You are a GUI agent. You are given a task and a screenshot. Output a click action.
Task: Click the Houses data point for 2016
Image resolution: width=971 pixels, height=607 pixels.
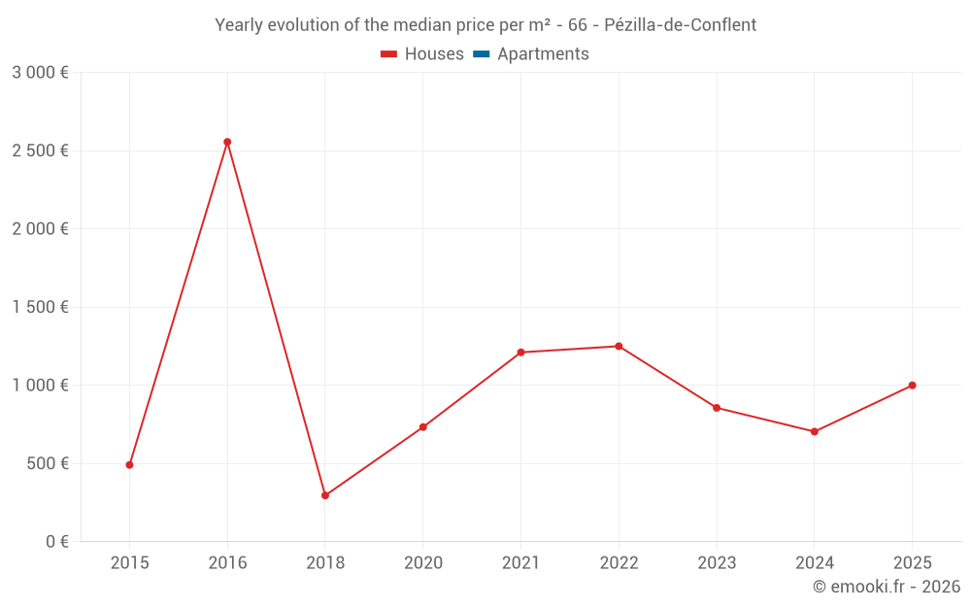(227, 142)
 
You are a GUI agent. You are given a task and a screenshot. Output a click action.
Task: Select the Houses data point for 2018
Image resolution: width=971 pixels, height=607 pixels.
(325, 495)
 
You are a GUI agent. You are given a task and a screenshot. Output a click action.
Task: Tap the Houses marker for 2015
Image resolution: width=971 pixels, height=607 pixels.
(129, 464)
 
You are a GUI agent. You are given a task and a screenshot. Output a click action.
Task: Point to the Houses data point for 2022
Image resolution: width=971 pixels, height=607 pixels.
(619, 346)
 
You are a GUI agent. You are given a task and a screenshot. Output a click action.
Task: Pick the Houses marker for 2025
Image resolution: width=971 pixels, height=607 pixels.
(912, 386)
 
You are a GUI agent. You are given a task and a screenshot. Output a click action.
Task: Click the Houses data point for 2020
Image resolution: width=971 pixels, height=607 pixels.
(423, 426)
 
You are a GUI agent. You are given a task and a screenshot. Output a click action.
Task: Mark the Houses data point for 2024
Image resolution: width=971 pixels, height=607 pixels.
(814, 431)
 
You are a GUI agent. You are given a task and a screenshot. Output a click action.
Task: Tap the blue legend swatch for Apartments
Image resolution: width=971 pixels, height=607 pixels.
(481, 54)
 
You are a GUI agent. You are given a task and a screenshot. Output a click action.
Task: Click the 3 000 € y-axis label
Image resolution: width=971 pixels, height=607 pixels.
(40, 73)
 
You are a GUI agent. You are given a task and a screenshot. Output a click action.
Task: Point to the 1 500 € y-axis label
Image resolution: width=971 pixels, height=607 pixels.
(40, 307)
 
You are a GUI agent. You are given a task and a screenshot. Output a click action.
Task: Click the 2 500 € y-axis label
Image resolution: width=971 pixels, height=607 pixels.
(40, 151)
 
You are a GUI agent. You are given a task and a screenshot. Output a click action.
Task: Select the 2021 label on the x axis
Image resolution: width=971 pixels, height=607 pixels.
(520, 563)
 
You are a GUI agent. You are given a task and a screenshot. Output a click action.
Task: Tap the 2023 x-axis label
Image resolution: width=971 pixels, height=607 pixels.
(717, 563)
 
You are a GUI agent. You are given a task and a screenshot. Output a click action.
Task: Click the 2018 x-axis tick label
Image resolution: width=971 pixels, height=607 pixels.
(325, 563)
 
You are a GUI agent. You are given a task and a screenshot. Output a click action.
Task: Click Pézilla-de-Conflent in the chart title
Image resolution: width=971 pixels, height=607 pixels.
(686, 25)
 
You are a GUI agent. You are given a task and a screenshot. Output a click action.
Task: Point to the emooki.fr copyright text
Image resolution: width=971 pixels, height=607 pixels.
(887, 587)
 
